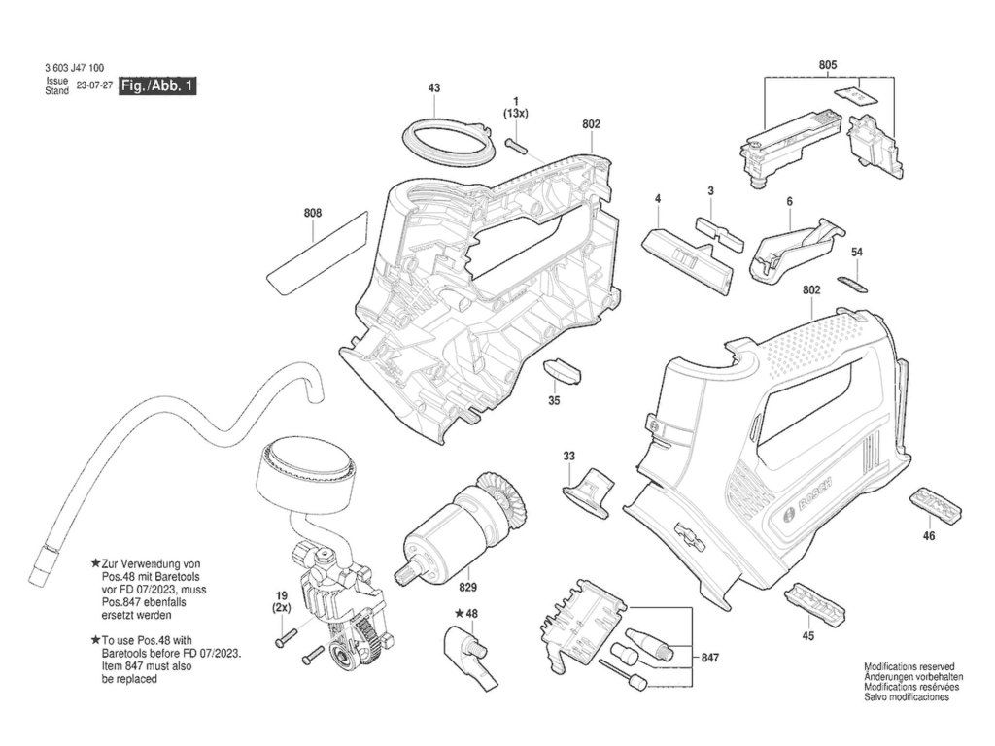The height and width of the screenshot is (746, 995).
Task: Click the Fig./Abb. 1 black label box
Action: (158, 85)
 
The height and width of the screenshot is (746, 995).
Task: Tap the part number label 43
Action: (434, 87)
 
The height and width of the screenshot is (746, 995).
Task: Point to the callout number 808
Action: (313, 213)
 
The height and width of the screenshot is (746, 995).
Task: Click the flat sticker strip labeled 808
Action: (318, 252)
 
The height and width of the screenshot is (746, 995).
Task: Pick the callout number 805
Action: (828, 65)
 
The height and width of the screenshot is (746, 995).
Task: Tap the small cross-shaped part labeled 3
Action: (720, 233)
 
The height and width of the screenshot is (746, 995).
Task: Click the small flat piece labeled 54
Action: (852, 284)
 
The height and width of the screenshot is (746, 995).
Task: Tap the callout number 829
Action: (467, 588)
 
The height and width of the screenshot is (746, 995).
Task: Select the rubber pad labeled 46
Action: (936, 504)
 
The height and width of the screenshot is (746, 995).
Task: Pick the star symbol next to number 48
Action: (459, 614)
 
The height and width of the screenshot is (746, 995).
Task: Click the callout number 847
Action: (710, 658)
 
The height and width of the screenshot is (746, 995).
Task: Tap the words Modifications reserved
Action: (909, 666)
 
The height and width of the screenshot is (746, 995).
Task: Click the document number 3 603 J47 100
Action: (75, 68)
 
